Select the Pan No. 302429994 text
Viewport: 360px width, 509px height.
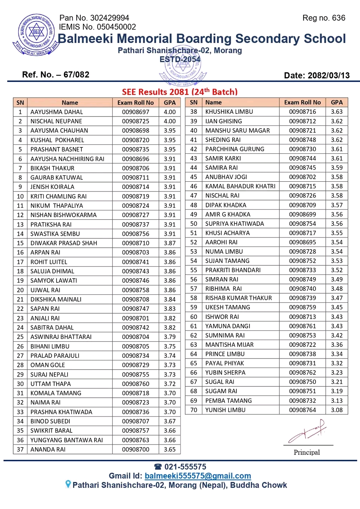click(x=94, y=18)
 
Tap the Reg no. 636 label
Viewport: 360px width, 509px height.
click(x=323, y=18)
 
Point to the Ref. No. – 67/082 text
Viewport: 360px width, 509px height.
click(x=56, y=75)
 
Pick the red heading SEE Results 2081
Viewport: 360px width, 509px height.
click(x=179, y=92)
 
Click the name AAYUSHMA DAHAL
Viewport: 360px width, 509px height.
click(x=57, y=112)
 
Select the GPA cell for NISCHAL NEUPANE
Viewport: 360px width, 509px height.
click(x=170, y=121)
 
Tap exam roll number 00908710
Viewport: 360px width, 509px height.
click(x=135, y=243)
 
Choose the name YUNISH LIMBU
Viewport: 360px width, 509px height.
click(x=225, y=410)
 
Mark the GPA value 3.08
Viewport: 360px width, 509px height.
click(x=337, y=410)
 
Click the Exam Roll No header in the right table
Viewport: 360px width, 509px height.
click(x=302, y=103)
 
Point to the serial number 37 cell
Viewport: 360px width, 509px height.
click(x=20, y=449)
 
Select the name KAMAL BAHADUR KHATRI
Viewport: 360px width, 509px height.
click(x=240, y=186)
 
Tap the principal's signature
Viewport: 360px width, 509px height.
click(x=307, y=432)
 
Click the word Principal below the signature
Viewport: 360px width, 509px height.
click(x=306, y=452)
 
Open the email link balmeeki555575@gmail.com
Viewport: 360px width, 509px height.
click(x=198, y=476)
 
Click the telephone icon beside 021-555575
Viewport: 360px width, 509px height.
click(x=158, y=467)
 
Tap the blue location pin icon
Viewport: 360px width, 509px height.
click(x=68, y=484)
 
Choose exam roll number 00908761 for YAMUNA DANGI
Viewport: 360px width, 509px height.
click(x=302, y=326)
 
